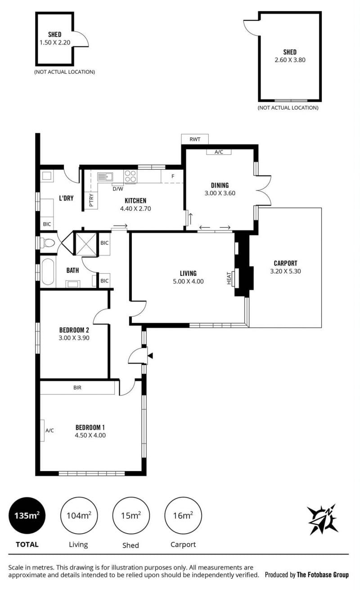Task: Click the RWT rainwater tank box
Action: [x=195, y=139]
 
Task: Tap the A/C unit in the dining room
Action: [x=219, y=152]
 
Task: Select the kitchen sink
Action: [x=105, y=176]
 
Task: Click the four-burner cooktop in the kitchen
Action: [x=130, y=176]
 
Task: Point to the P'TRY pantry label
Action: [x=91, y=200]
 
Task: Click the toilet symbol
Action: [x=48, y=243]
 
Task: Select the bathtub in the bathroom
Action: [x=48, y=271]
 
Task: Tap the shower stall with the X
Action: [x=86, y=244]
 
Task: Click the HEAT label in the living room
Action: [x=229, y=278]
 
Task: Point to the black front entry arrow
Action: [x=150, y=356]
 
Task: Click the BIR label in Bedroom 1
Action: [x=77, y=388]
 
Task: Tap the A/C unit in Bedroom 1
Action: [x=42, y=430]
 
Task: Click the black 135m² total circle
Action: [x=27, y=515]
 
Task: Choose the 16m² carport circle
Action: [x=183, y=515]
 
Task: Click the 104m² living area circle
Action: [x=79, y=515]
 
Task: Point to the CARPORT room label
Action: [x=285, y=263]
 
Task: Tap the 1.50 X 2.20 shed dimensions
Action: [x=55, y=42]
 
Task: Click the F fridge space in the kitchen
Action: [x=172, y=176]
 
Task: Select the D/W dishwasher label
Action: [x=118, y=189]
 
